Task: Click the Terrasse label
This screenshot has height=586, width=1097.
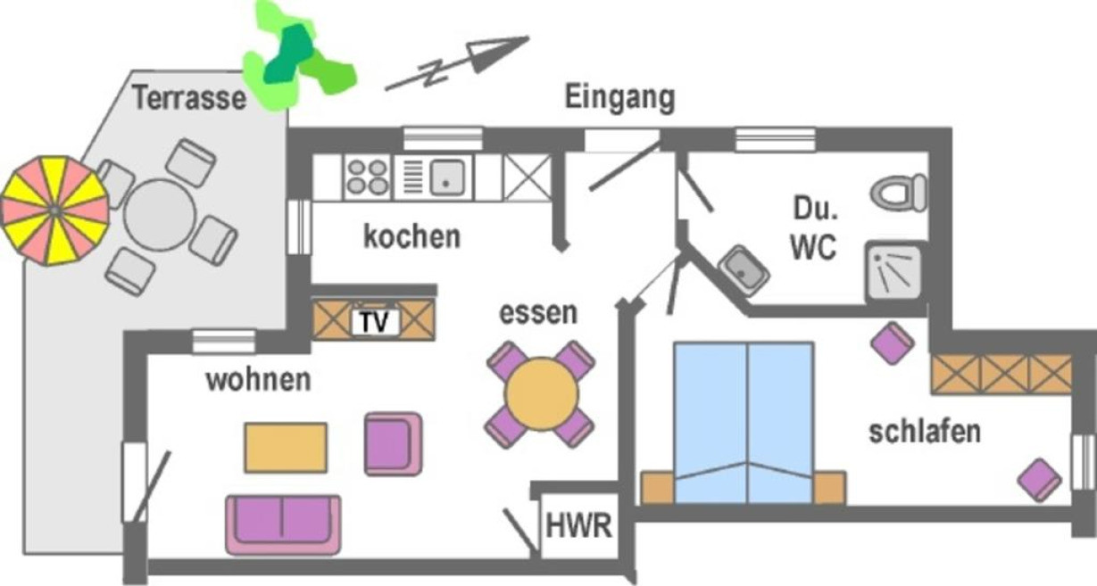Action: click(x=189, y=98)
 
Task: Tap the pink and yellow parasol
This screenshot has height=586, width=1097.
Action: click(x=54, y=211)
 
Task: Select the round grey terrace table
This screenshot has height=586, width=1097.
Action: click(x=160, y=216)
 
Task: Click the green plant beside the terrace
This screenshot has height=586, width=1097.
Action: click(x=299, y=56)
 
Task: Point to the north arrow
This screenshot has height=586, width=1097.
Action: click(x=458, y=62)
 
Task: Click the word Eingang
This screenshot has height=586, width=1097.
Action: click(x=620, y=98)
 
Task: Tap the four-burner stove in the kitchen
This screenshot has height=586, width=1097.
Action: click(x=368, y=177)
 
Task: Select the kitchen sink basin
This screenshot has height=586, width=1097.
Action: click(x=446, y=177)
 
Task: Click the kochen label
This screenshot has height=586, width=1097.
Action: click(x=411, y=236)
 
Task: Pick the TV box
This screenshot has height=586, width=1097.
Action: click(x=375, y=321)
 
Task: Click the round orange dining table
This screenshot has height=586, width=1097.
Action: click(x=542, y=394)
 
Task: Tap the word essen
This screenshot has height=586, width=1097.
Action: click(x=538, y=313)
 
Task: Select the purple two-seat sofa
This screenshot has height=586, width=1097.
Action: click(x=283, y=525)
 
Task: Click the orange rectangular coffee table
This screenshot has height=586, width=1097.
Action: click(x=286, y=448)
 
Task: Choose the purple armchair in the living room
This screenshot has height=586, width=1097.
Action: click(x=393, y=444)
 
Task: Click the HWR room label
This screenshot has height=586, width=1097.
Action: click(x=579, y=525)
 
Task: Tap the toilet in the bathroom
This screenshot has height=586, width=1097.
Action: click(x=899, y=193)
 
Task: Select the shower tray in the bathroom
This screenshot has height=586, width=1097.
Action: click(x=893, y=272)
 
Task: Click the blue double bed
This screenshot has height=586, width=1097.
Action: click(x=744, y=423)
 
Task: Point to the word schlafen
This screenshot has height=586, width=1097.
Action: click(x=925, y=432)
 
